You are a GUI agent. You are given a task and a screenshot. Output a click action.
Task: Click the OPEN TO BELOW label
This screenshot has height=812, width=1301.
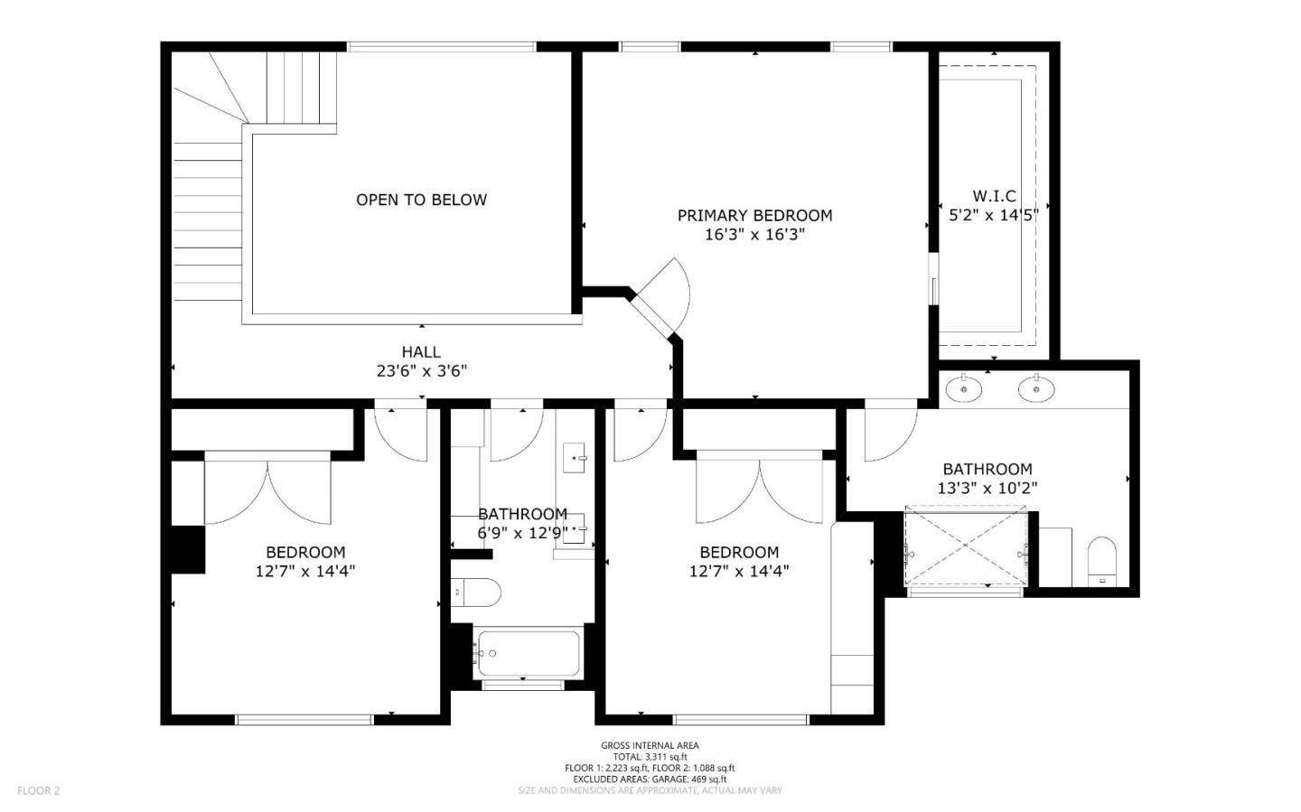pos(421,200)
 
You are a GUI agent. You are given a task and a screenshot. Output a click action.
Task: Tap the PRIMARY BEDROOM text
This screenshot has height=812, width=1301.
pos(754,215)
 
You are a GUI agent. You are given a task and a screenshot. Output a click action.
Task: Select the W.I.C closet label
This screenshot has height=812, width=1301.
pos(994,196)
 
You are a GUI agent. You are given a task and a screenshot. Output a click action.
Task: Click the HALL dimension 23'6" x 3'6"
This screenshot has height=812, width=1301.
pos(421,370)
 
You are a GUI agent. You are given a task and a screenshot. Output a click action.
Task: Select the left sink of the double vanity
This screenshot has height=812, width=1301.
pos(964,389)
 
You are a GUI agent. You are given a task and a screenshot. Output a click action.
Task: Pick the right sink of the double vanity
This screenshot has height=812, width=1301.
pos(1036,389)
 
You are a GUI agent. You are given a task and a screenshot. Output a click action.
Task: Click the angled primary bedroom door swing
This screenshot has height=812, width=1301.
pos(666,294)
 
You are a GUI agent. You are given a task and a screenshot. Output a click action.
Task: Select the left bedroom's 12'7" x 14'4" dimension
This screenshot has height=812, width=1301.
pos(305,571)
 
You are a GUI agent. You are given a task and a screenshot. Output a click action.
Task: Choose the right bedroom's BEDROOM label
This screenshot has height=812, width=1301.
pos(739,552)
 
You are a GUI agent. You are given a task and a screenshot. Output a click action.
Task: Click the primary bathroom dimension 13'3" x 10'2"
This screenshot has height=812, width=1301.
pos(987,488)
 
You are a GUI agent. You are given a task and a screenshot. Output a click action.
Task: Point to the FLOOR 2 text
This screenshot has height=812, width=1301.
pos(38,790)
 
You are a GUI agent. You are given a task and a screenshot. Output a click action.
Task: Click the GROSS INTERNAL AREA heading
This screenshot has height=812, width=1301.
pos(650,745)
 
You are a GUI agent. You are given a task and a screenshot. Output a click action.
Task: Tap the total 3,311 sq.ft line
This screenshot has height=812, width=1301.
pos(650,757)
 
